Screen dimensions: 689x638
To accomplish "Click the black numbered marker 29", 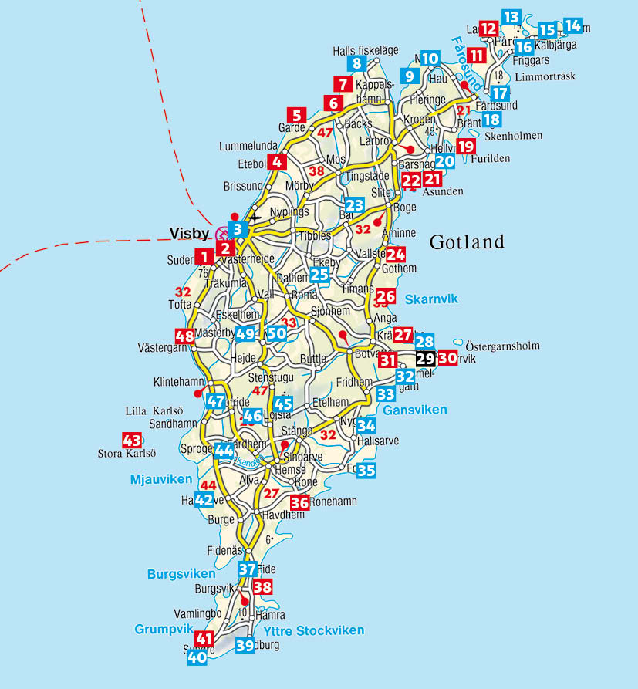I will [x=425, y=359].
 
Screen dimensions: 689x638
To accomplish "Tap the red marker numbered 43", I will [x=132, y=441].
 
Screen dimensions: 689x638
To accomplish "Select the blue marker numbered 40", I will [x=197, y=657].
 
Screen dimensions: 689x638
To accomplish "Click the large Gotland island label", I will [x=467, y=242].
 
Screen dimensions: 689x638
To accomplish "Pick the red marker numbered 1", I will [x=204, y=257].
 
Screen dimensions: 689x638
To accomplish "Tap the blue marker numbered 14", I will [x=572, y=25].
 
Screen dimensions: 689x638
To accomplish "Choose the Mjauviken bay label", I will [x=160, y=480].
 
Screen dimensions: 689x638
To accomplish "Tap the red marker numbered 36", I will [x=299, y=503].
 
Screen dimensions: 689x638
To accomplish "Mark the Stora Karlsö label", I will [x=127, y=454].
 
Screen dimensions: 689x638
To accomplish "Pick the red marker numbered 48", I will [x=185, y=336].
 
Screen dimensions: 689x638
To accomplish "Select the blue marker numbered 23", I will [x=354, y=205].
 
